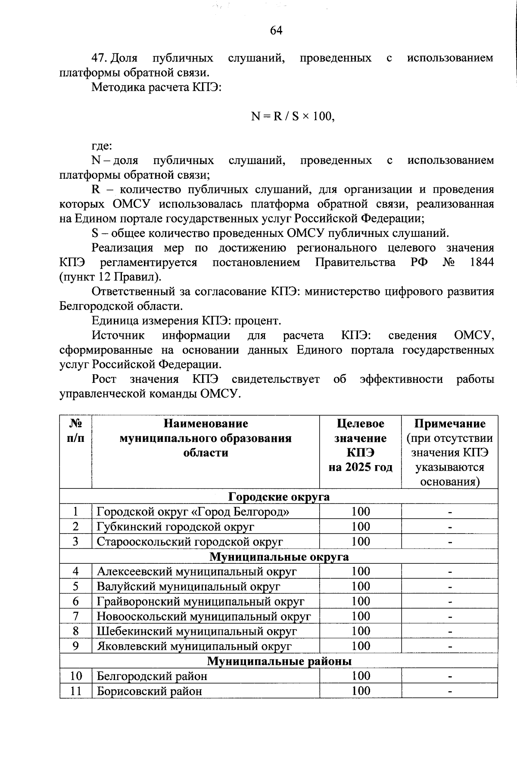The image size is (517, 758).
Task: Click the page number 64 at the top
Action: [x=276, y=31]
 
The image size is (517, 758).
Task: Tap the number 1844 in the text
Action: [x=482, y=262]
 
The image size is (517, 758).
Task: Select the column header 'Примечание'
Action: [x=450, y=424]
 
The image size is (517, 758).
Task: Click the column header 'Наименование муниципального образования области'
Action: [x=206, y=438]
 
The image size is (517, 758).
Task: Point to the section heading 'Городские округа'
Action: [x=279, y=497]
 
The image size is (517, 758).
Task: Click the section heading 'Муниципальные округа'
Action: [x=279, y=556]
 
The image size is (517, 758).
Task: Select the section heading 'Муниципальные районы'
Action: [x=279, y=661]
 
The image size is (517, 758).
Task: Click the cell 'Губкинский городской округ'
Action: [x=175, y=527]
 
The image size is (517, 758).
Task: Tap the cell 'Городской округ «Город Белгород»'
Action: [x=193, y=512]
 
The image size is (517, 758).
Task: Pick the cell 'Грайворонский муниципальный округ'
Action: [x=200, y=601]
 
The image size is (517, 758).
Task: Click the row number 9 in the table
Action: [x=76, y=646]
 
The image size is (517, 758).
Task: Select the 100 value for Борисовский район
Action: [x=361, y=691]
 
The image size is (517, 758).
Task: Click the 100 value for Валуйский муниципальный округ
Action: [x=361, y=586]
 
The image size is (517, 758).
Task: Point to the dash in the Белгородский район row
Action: [x=450, y=676]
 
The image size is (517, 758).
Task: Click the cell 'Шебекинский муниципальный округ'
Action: [x=197, y=631]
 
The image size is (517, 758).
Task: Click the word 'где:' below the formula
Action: [x=102, y=146]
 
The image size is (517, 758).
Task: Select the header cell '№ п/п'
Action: [x=76, y=431]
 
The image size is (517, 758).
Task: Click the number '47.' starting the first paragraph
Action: [x=99, y=58]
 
